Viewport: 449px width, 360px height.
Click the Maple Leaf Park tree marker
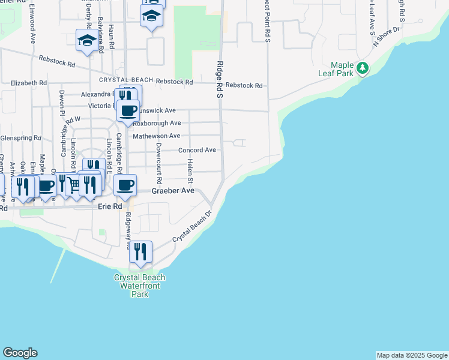362,68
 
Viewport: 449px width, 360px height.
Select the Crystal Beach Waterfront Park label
140,286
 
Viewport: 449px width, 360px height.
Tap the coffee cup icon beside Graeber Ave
125,185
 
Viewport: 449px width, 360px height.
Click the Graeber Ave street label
173,191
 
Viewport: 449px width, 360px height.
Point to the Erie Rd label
110,206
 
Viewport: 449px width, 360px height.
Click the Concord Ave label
196,150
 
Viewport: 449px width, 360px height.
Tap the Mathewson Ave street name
156,136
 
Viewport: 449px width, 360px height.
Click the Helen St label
190,172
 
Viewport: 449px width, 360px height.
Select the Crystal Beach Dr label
193,226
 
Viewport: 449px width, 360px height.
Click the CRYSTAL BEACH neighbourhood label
126,80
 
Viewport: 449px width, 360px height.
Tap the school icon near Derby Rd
87,40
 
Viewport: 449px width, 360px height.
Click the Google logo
20,353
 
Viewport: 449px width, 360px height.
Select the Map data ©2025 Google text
412,355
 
